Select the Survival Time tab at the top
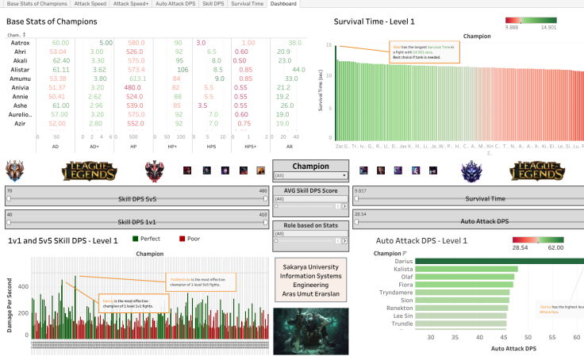pyautogui.click(x=247, y=4)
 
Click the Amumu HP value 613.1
pyautogui.click(x=136, y=79)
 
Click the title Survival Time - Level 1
pyautogui.click(x=374, y=21)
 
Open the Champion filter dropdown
pyautogui.click(x=310, y=175)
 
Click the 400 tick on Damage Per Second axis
pyautogui.click(x=23, y=285)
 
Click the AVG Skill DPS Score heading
pyautogui.click(x=310, y=190)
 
